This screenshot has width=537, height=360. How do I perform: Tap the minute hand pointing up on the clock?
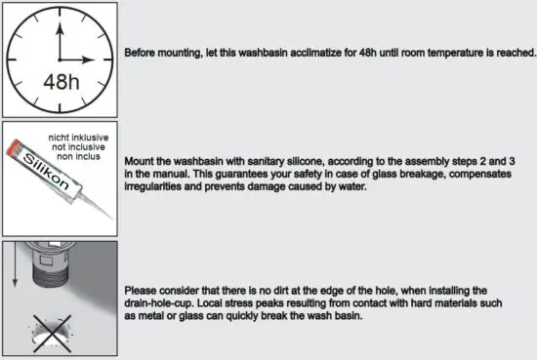pyautogui.click(x=60, y=36)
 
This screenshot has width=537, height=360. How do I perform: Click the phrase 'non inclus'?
pyautogui.click(x=90, y=154)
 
